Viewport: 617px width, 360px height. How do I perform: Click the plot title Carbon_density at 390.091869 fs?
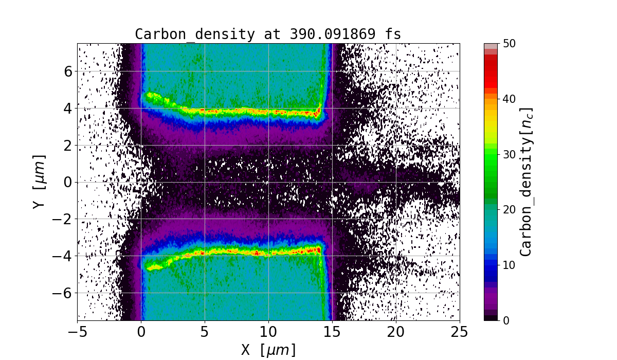click(x=268, y=34)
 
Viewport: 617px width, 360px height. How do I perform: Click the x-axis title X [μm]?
click(x=268, y=350)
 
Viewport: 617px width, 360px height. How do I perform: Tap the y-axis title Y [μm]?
click(x=39, y=182)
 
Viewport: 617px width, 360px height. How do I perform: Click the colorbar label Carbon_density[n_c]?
click(x=526, y=182)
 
